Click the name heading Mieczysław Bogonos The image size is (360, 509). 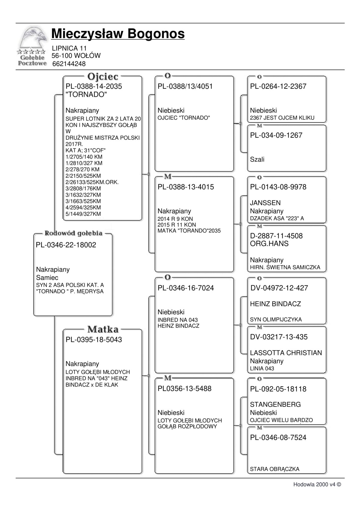click(118, 34)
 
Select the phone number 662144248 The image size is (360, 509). click(69, 64)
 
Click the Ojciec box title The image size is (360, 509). click(103, 77)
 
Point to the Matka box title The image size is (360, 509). click(103, 330)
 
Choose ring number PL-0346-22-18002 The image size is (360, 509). click(66, 245)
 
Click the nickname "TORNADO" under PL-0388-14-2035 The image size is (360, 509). click(86, 94)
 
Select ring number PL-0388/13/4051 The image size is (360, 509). click(185, 86)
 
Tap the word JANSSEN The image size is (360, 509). click(265, 203)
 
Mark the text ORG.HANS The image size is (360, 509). click(269, 244)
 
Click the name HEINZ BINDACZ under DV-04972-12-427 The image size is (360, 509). click(275, 304)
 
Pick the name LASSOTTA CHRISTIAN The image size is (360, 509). click(286, 353)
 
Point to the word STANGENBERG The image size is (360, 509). click(275, 404)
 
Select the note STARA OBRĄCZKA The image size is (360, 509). click(274, 469)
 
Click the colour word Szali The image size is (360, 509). click(257, 160)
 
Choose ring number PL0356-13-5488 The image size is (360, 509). click(184, 389)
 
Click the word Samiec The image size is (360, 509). click(47, 278)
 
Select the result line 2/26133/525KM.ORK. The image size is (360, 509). click(92, 182)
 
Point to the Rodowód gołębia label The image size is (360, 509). click(73, 233)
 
